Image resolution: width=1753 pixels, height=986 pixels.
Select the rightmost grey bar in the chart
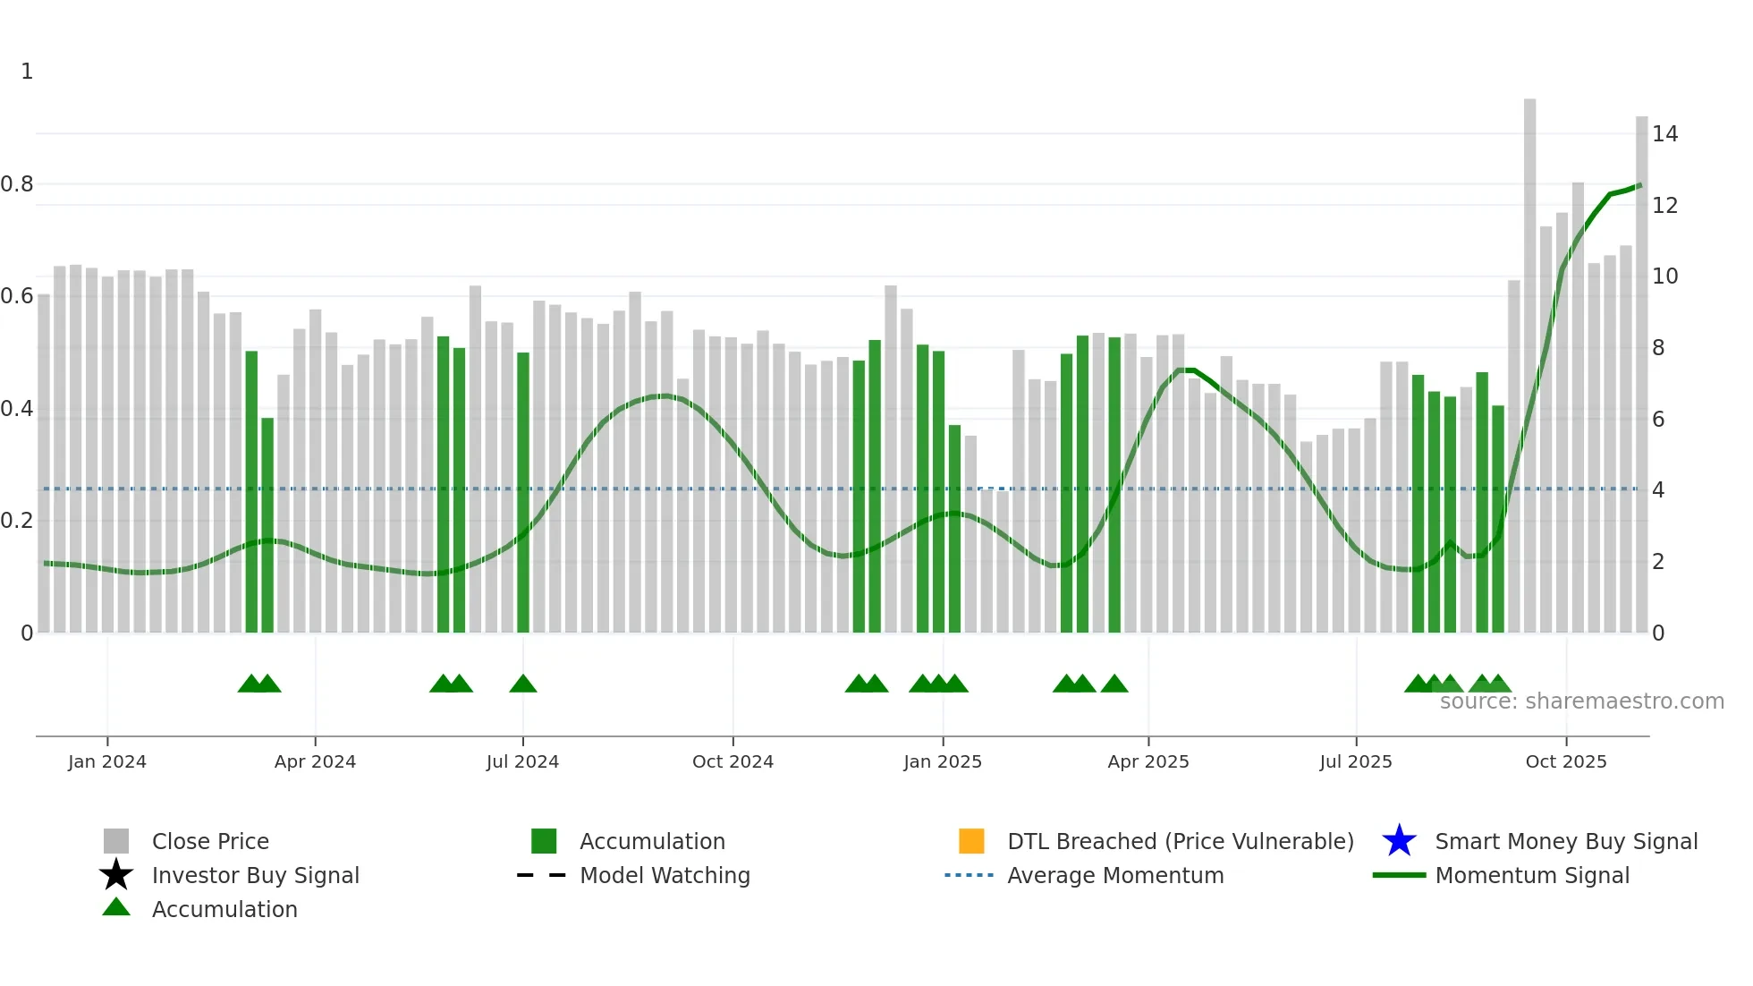1641,376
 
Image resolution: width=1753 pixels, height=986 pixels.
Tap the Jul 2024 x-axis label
522,761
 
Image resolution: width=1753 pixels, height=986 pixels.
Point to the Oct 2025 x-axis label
1565,761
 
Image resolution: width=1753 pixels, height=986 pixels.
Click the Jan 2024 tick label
107,761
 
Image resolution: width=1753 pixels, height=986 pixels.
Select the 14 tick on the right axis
1664,134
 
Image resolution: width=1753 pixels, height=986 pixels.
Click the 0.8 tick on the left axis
17,184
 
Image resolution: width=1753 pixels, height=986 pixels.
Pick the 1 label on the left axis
27,72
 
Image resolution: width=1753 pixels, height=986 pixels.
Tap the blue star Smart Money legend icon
1399,841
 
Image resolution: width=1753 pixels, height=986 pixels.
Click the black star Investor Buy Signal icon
116,875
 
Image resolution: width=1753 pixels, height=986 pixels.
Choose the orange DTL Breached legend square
971,841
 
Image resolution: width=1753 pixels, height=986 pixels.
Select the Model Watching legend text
665,875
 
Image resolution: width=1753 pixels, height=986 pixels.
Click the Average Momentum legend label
1115,875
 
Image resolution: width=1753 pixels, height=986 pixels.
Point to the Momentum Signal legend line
1399,875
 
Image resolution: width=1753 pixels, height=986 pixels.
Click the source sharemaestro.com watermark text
1581,701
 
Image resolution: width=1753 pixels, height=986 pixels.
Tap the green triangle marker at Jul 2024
523,684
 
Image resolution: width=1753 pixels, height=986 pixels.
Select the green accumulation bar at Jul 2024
523,492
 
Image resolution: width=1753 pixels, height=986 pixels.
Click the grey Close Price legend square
116,841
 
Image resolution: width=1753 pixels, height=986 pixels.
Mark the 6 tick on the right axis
1658,420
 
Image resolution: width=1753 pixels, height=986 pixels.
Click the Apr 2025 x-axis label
1148,761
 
